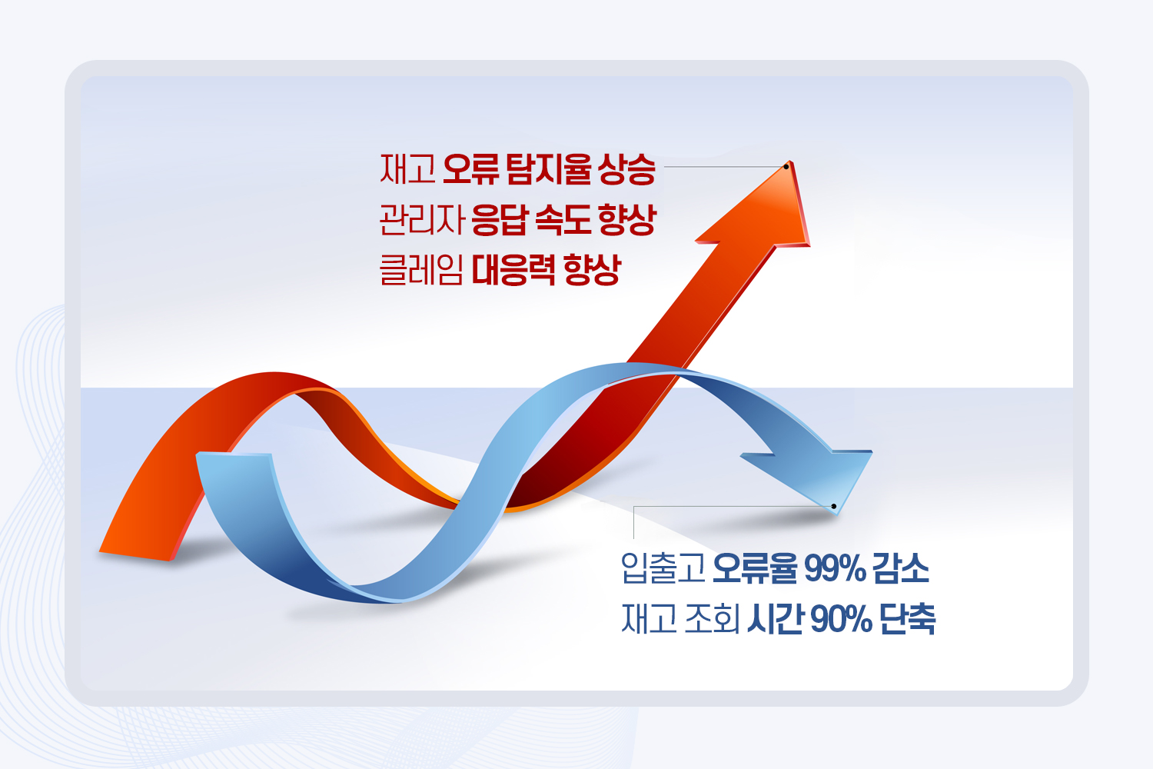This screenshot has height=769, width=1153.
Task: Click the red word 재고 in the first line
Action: point(407,169)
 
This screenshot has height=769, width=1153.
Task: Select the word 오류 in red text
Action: point(470,169)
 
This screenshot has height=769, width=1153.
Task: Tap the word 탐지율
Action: point(549,169)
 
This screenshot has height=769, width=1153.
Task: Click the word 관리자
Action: point(422,220)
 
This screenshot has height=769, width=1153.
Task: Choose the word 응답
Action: point(499,220)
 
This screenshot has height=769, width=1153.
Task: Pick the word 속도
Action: point(563,220)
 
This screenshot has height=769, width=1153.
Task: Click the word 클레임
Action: point(421,271)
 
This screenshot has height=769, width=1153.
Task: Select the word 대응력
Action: point(513,271)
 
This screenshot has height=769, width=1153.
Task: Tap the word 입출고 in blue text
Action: point(663,568)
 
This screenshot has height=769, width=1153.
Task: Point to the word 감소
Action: point(901,568)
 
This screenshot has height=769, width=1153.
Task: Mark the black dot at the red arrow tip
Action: point(786,166)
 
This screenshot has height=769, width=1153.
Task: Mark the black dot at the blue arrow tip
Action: point(834,507)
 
